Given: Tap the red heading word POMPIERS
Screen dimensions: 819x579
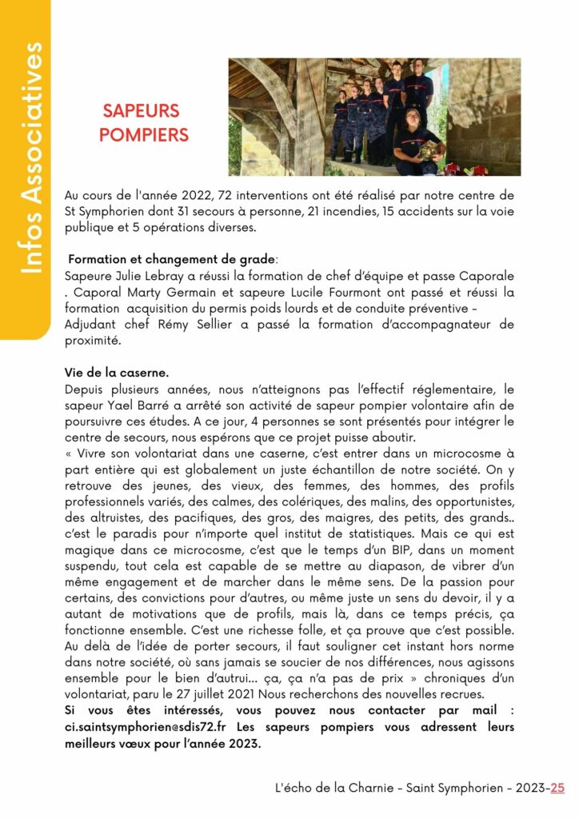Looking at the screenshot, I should coord(144,134).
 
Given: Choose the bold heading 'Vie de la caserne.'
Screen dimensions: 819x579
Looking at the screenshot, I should coord(117,373).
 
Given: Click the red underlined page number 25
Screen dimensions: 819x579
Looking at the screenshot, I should coord(557,788).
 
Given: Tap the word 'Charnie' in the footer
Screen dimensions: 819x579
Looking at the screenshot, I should coord(372,788).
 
